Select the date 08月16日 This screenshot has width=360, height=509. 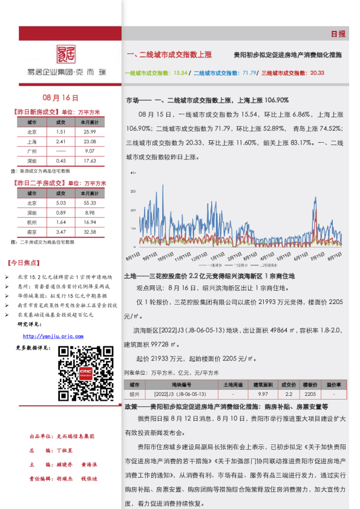[x=61, y=97]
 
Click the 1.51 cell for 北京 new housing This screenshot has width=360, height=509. [x=61, y=132]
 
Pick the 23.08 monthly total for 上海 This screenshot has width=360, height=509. [x=90, y=141]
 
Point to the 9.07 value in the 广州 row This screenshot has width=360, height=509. [x=90, y=151]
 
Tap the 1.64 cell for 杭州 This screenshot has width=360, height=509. [x=61, y=222]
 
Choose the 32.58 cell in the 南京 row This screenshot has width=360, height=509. [x=90, y=232]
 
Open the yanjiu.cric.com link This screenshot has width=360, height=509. [x=53, y=336]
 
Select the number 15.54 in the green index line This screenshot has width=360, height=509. [x=180, y=73]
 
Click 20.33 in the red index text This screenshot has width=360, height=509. [x=317, y=73]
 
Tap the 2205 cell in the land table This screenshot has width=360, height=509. [x=310, y=393]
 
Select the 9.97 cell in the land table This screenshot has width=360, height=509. [x=263, y=393]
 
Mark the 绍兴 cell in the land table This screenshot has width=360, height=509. [x=134, y=393]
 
